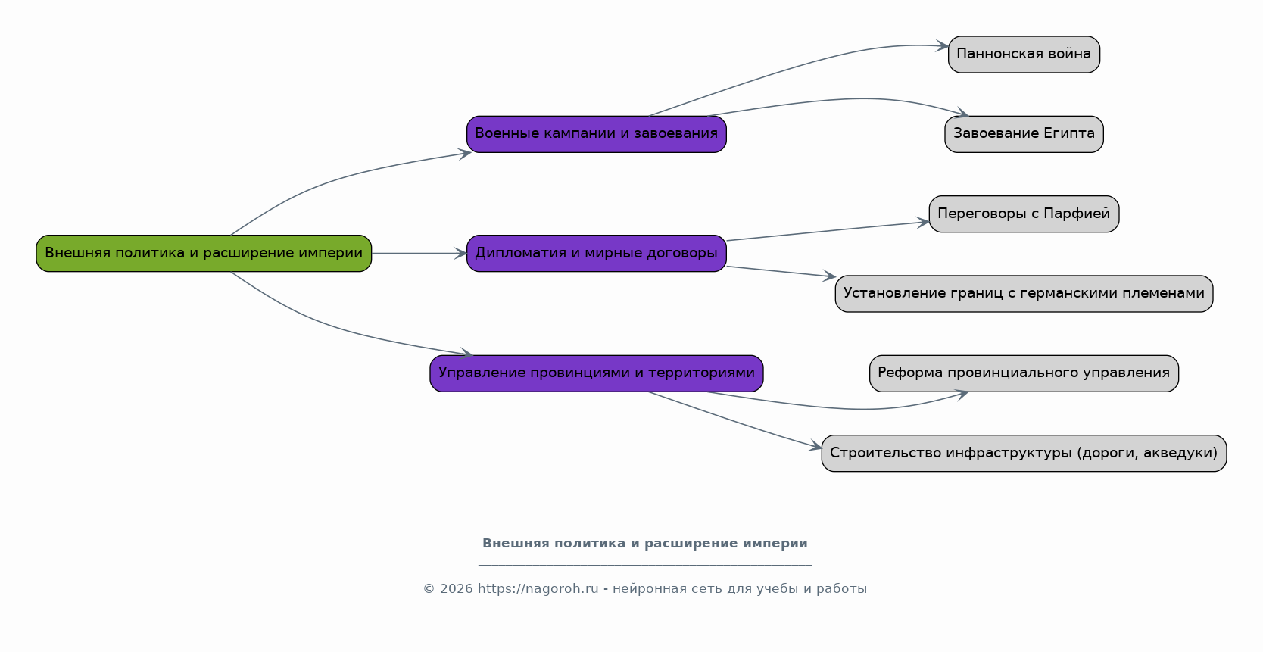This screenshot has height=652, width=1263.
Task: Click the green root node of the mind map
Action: (x=204, y=253)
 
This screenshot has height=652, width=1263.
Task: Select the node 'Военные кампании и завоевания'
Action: (x=597, y=134)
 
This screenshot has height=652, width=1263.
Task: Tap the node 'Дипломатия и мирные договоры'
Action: (x=597, y=253)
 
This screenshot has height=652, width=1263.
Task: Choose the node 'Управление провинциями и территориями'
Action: (x=597, y=373)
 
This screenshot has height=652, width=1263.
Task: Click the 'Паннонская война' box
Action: (x=1024, y=55)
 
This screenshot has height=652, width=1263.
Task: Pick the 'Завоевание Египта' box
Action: (x=1024, y=134)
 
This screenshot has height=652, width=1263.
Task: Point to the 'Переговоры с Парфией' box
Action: (x=1024, y=214)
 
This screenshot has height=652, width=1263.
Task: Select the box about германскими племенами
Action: (x=1024, y=294)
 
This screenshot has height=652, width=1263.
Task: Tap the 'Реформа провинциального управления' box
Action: (x=1024, y=373)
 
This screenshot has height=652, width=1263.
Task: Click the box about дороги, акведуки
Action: (x=1024, y=453)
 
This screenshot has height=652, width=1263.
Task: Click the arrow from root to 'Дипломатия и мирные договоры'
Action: (x=419, y=253)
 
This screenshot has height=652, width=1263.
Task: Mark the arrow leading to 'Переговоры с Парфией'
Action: (x=828, y=231)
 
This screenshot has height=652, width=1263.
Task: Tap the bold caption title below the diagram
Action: (x=645, y=543)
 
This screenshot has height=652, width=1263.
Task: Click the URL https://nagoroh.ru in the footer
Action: (x=538, y=589)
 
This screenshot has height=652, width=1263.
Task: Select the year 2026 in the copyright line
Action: (x=456, y=589)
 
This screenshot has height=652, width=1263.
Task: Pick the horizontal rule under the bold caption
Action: (x=645, y=564)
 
